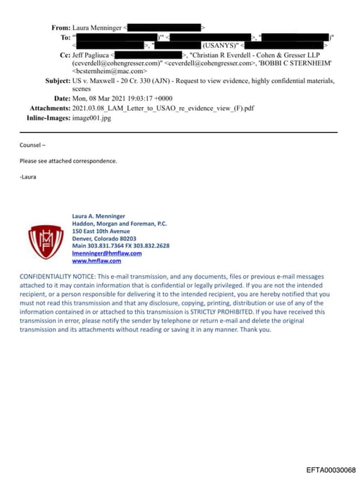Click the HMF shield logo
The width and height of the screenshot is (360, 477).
click(x=44, y=241)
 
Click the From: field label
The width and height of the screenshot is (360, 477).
click(x=61, y=27)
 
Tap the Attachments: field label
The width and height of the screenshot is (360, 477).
click(x=50, y=108)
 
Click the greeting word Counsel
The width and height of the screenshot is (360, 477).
click(x=32, y=145)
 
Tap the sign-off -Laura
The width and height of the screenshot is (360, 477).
click(x=27, y=177)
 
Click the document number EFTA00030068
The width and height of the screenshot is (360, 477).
click(x=330, y=469)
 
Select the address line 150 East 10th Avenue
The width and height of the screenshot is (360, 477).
click(x=101, y=231)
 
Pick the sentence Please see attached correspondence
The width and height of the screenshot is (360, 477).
click(x=68, y=160)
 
